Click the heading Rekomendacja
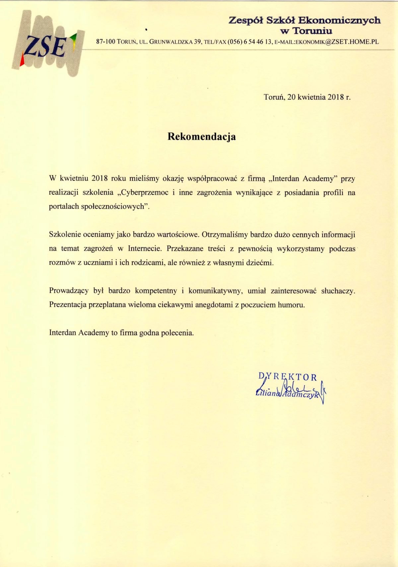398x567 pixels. [x=202, y=137]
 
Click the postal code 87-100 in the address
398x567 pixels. [x=105, y=42]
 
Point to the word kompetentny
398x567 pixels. [x=156, y=291]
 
